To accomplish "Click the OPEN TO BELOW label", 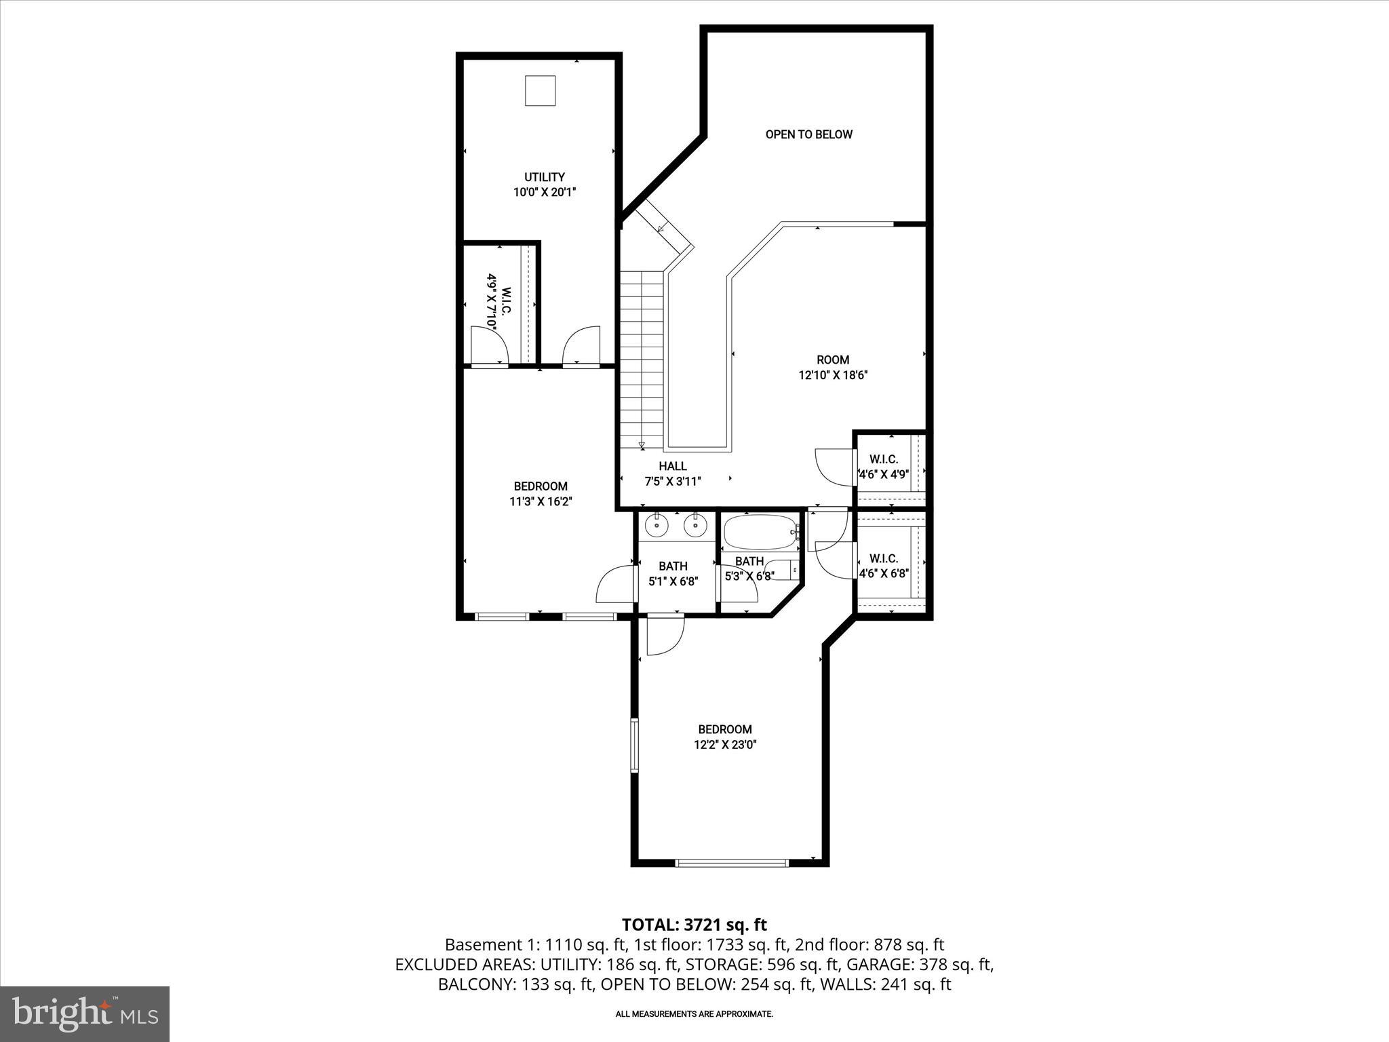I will [x=808, y=134].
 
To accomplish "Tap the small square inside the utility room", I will [x=541, y=90].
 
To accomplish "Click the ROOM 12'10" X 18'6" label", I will [x=833, y=367].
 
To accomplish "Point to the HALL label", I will [x=672, y=466].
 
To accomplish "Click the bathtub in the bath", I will [x=760, y=533].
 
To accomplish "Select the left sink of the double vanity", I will [x=657, y=525].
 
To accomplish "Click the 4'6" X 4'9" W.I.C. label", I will [x=884, y=467].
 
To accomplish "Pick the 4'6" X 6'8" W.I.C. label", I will [x=884, y=566].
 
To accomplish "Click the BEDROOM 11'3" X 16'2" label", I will [x=540, y=494].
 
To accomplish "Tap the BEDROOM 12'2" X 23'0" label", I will [x=724, y=737].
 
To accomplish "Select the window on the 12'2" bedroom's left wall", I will [x=635, y=745].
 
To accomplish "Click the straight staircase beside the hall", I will [x=641, y=356].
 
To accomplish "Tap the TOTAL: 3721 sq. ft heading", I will [x=694, y=924].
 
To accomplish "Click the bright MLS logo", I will [x=85, y=1014].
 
